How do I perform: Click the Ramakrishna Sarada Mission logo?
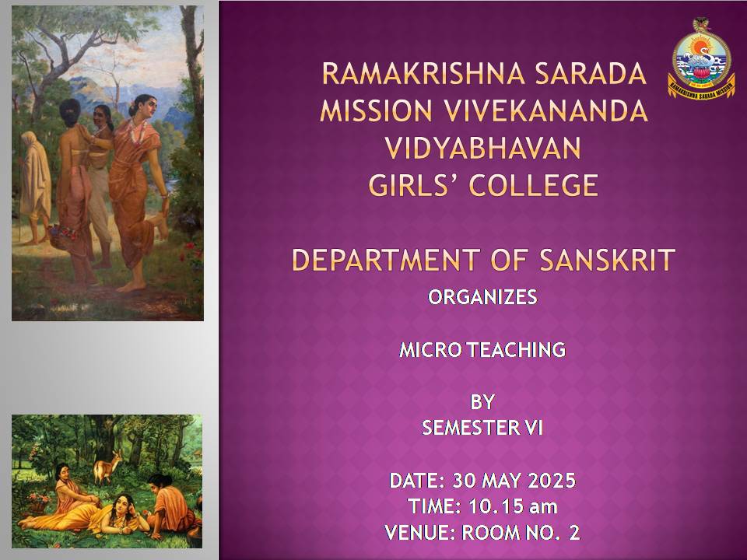click(x=701, y=58)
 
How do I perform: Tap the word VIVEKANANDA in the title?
click(x=546, y=110)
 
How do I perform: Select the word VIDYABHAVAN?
click(x=483, y=148)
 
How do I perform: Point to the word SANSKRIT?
click(x=608, y=260)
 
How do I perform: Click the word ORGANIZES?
click(x=482, y=297)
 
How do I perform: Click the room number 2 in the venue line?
click(x=574, y=532)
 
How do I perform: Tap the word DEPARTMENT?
click(x=385, y=260)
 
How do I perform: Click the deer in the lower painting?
click(x=107, y=466)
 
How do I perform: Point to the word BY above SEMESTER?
click(x=482, y=402)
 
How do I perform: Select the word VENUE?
click(x=419, y=532)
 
